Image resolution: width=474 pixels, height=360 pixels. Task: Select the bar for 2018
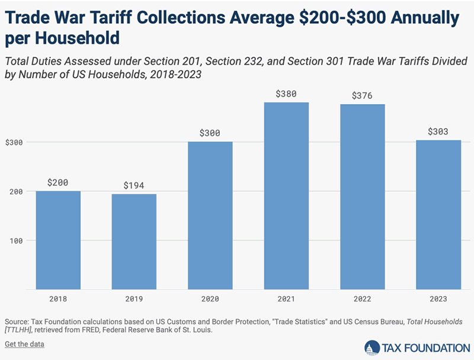(58, 240)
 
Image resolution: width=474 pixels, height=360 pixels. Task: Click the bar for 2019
(134, 242)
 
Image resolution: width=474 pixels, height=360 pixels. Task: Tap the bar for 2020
(210, 216)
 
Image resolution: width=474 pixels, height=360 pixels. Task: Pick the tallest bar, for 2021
(286, 195)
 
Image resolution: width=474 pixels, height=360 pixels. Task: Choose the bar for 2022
(362, 197)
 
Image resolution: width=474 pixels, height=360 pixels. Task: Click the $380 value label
(286, 94)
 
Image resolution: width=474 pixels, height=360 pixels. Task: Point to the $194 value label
(134, 185)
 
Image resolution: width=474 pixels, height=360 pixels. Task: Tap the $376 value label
(362, 95)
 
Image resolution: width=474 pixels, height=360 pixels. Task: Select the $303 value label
(438, 131)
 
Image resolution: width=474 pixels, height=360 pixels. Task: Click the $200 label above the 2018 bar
(58, 182)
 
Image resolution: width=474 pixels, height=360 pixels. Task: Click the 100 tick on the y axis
(18, 241)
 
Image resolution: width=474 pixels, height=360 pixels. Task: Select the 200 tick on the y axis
(18, 192)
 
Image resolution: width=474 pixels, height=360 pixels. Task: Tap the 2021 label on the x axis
(286, 300)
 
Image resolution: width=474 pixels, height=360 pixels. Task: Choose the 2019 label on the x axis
(134, 300)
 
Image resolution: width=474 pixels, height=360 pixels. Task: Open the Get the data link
(24, 344)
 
